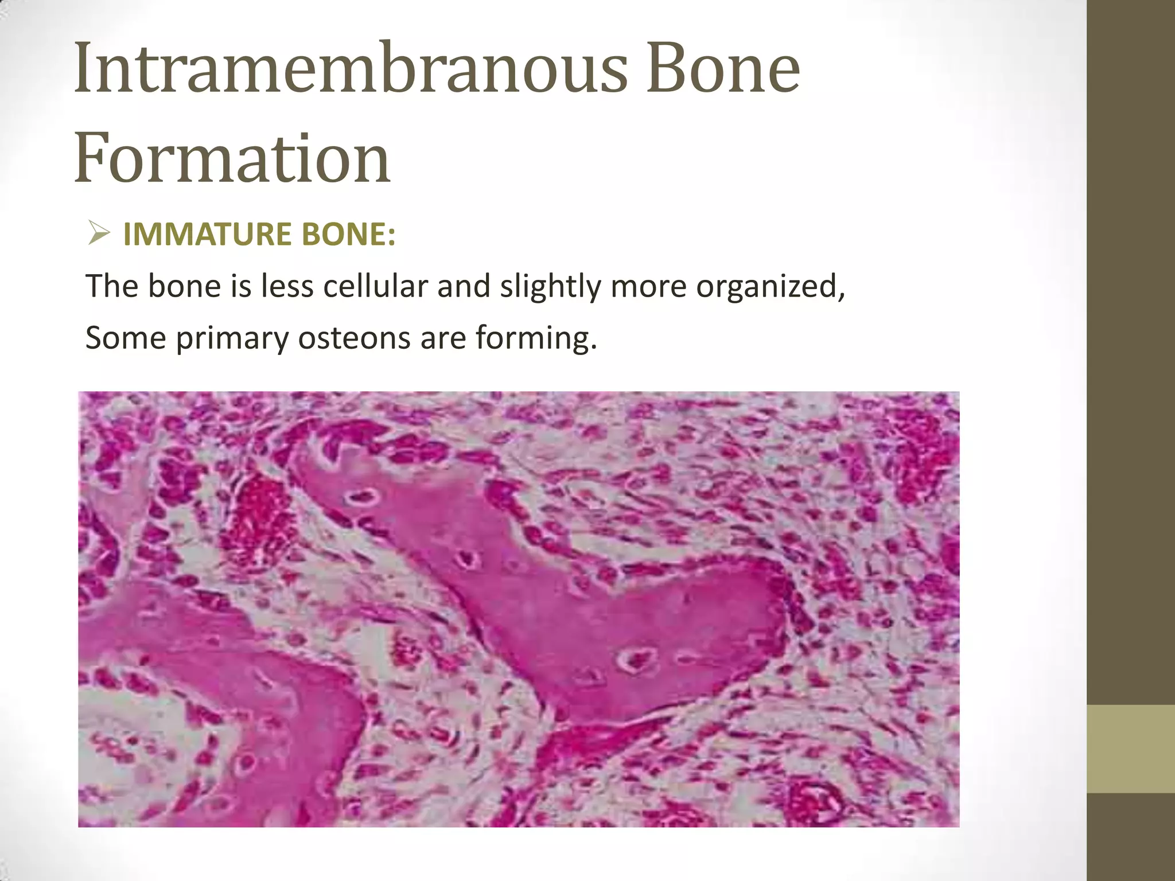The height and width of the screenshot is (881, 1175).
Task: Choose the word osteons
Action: [354, 338]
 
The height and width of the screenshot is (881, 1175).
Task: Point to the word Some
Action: [126, 338]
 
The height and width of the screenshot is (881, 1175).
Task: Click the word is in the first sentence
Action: [241, 286]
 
